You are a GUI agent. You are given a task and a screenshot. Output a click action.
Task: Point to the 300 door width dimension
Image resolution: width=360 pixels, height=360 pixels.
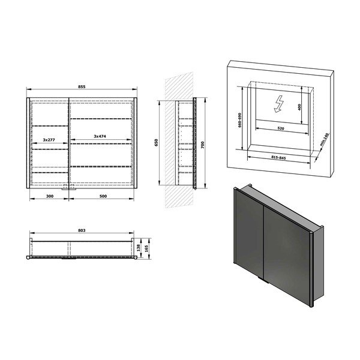tap(49, 196)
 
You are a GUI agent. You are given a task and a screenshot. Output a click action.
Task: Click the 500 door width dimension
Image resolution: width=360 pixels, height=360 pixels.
tap(103, 196)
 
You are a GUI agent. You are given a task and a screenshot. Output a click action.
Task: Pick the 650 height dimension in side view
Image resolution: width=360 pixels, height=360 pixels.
tap(156, 143)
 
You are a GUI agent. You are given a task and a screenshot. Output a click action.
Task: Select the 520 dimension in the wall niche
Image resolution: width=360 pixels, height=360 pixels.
tap(281, 128)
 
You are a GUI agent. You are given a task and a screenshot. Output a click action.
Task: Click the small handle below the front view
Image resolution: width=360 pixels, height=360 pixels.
tap(71, 187)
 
